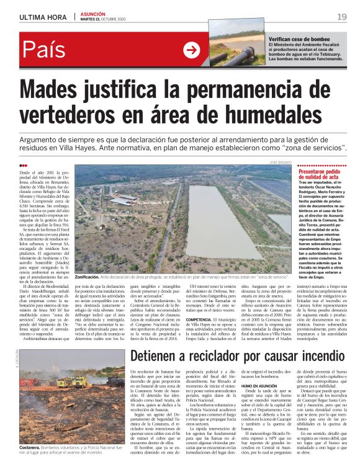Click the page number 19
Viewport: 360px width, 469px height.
(x=342, y=16)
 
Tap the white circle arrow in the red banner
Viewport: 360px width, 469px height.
(x=192, y=50)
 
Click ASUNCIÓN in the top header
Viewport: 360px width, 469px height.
(x=92, y=13)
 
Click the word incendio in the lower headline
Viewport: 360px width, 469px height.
(x=313, y=340)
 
